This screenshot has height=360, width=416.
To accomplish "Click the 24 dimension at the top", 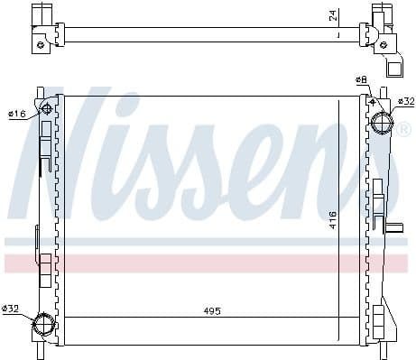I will pos(331,16).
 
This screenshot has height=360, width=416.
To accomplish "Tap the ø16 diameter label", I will pos(16,114).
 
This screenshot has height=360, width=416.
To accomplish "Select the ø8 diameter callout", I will pos(361,80).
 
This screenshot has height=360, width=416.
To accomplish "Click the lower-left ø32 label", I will pos(11,309).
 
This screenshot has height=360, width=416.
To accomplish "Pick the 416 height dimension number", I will pos(332,219).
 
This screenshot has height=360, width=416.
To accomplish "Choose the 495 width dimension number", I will pos(211,310).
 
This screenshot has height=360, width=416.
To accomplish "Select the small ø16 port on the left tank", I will pos(48,110).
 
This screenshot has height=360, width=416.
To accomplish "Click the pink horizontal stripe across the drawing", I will pos(208,263).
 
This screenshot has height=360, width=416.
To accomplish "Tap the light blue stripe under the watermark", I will pos(208,242).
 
